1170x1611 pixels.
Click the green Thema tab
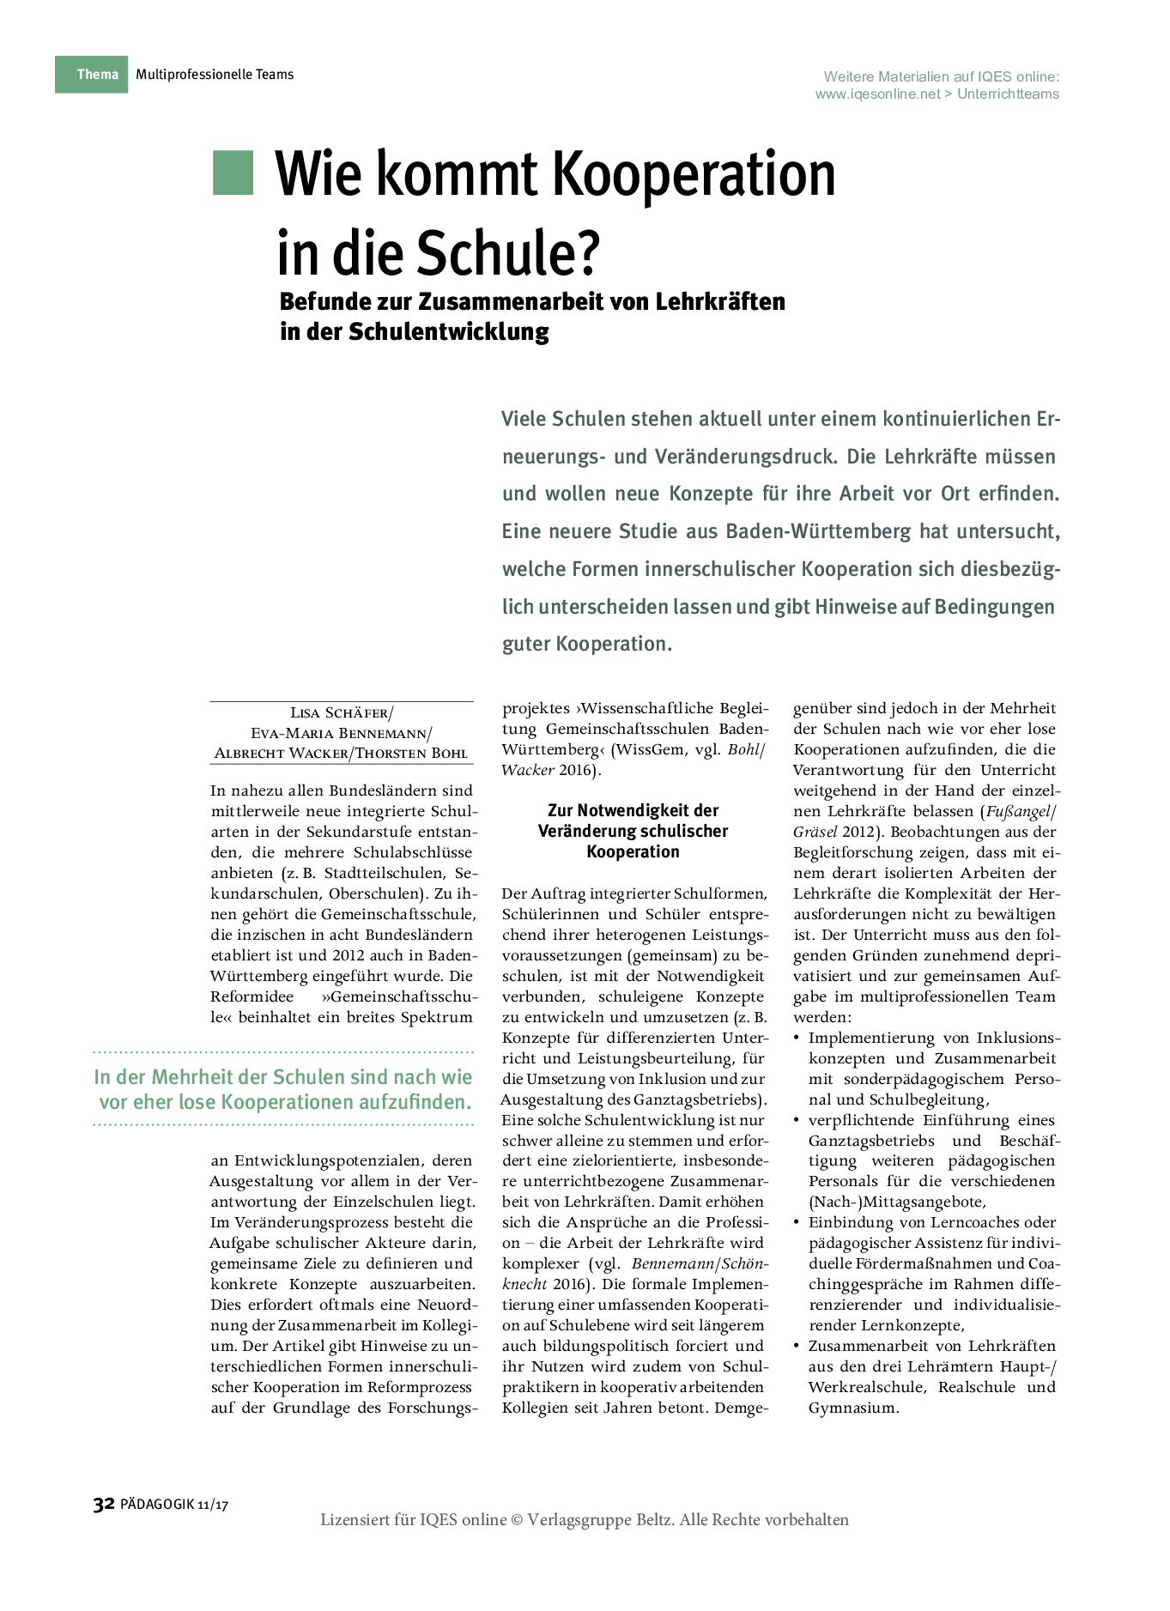pyautogui.click(x=92, y=75)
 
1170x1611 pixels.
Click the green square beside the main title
pyautogui.click(x=233, y=173)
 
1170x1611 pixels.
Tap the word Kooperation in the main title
pyautogui.click(x=694, y=174)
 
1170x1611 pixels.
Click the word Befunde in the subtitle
pyautogui.click(x=324, y=302)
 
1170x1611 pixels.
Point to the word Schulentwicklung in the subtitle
pyautogui.click(x=449, y=331)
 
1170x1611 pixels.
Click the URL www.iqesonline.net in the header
pyautogui.click(x=877, y=94)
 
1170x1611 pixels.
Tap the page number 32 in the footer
pyautogui.click(x=103, y=1504)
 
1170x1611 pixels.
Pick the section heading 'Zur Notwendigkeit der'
pyautogui.click(x=633, y=810)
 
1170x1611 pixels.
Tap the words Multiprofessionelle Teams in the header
pyautogui.click(x=215, y=75)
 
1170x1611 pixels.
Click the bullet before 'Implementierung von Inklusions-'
pyautogui.click(x=797, y=1038)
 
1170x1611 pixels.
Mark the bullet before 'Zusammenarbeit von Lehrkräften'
pyautogui.click(x=797, y=1346)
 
